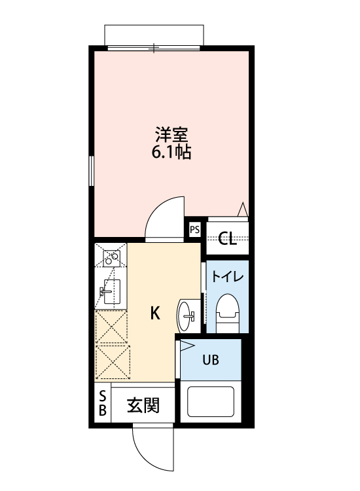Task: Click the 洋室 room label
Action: (x=172, y=136)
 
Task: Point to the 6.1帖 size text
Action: (x=172, y=155)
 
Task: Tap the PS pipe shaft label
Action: (x=194, y=229)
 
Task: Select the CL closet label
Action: (x=227, y=238)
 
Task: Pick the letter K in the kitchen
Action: (x=155, y=313)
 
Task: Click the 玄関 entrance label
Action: (x=143, y=406)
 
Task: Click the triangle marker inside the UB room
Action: (x=187, y=345)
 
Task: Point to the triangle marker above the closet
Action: (x=242, y=209)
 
